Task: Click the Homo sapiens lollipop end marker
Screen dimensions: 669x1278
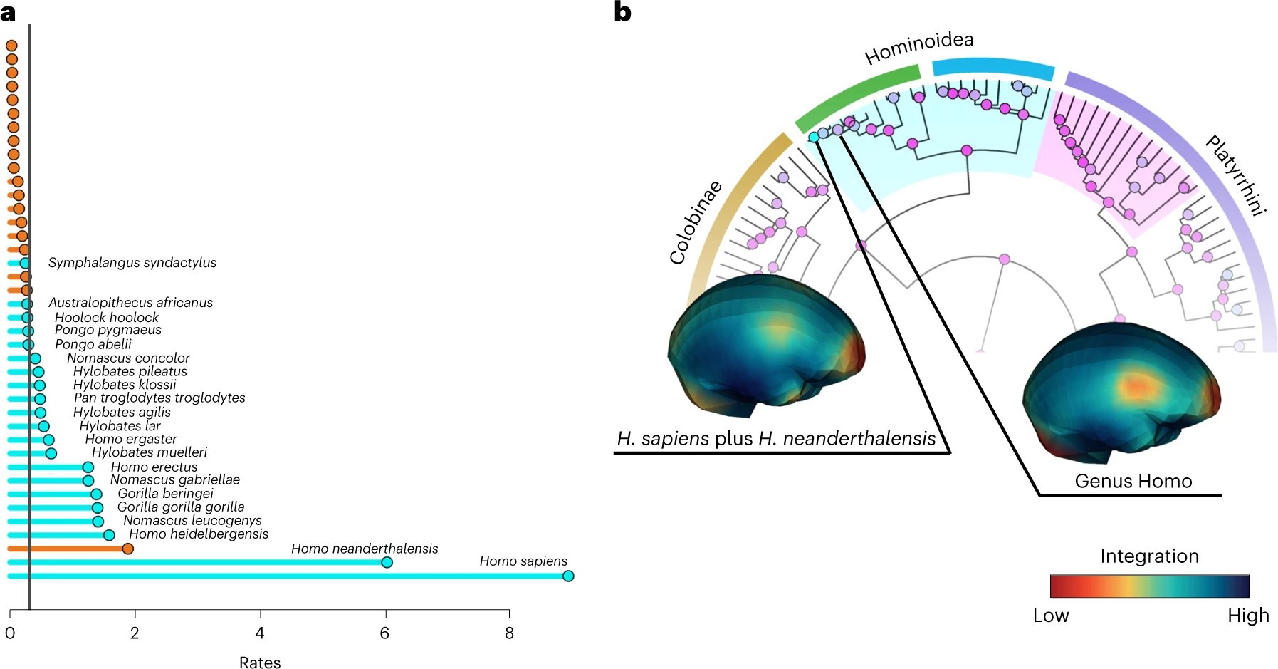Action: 567,576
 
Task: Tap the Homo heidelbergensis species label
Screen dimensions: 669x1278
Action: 199,534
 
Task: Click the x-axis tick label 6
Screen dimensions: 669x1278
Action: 384,633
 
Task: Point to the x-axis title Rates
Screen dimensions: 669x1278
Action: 260,663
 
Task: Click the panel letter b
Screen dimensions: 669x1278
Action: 622,12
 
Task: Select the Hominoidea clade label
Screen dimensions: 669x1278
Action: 918,48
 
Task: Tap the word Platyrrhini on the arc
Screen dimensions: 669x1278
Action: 1235,175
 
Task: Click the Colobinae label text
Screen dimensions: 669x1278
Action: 696,222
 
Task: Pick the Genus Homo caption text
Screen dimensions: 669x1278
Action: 1133,481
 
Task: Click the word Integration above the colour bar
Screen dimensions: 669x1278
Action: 1149,556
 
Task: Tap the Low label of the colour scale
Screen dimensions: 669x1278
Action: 1051,616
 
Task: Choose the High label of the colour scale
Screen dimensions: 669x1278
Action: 1248,616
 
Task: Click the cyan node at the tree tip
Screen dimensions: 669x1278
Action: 814,137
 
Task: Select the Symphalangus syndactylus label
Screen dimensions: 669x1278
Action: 132,263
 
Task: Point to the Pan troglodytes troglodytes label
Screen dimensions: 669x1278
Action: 159,398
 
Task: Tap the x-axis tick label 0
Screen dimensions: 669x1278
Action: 10,633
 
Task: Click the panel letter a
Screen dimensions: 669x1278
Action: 8,12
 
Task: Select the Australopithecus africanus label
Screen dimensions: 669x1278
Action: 130,303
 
